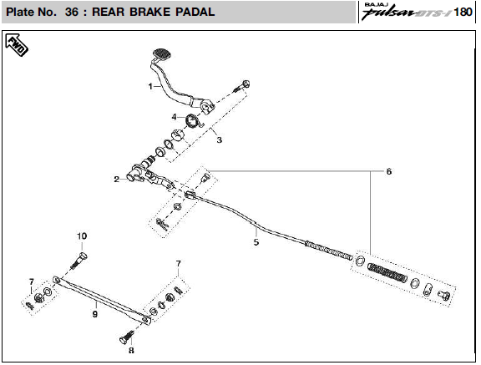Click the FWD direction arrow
point(17,45)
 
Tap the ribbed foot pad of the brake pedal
point(162,53)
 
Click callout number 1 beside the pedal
point(150,87)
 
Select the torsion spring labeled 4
point(194,120)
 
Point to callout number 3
point(219,139)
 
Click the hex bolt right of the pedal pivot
point(242,86)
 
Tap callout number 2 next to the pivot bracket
point(116,179)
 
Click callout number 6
point(389,171)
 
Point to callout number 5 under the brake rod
point(256,242)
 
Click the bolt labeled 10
point(78,261)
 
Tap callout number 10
point(82,236)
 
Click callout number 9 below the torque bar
point(95,314)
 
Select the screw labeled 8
point(127,337)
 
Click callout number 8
point(131,350)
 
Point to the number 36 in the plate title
point(72,12)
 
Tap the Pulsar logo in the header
point(406,13)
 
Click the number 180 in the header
point(463,12)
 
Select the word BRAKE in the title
point(149,12)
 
